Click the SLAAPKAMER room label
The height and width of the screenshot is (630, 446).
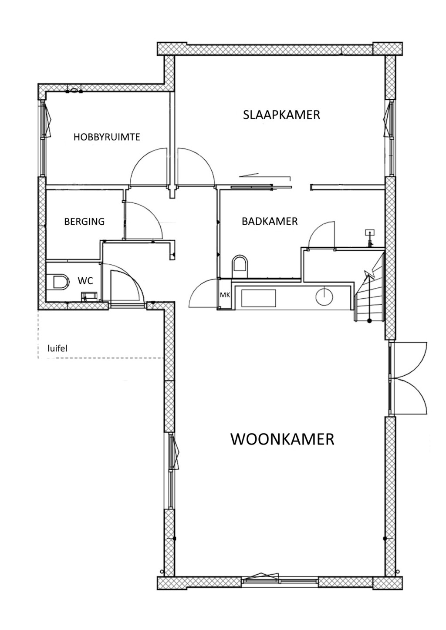[x=281, y=115]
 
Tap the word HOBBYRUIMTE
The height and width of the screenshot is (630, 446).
[x=107, y=137]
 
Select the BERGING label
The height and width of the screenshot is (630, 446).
[x=84, y=222]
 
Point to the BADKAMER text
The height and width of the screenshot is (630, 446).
[x=270, y=222]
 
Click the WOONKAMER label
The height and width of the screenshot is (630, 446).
[x=282, y=439]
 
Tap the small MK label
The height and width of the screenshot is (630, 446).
[x=225, y=295]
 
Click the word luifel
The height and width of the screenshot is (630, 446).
[x=57, y=348]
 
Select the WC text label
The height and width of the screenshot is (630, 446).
[x=85, y=281]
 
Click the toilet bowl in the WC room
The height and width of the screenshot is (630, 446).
[x=59, y=282]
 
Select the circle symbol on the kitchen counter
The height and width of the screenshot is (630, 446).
[x=324, y=297]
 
